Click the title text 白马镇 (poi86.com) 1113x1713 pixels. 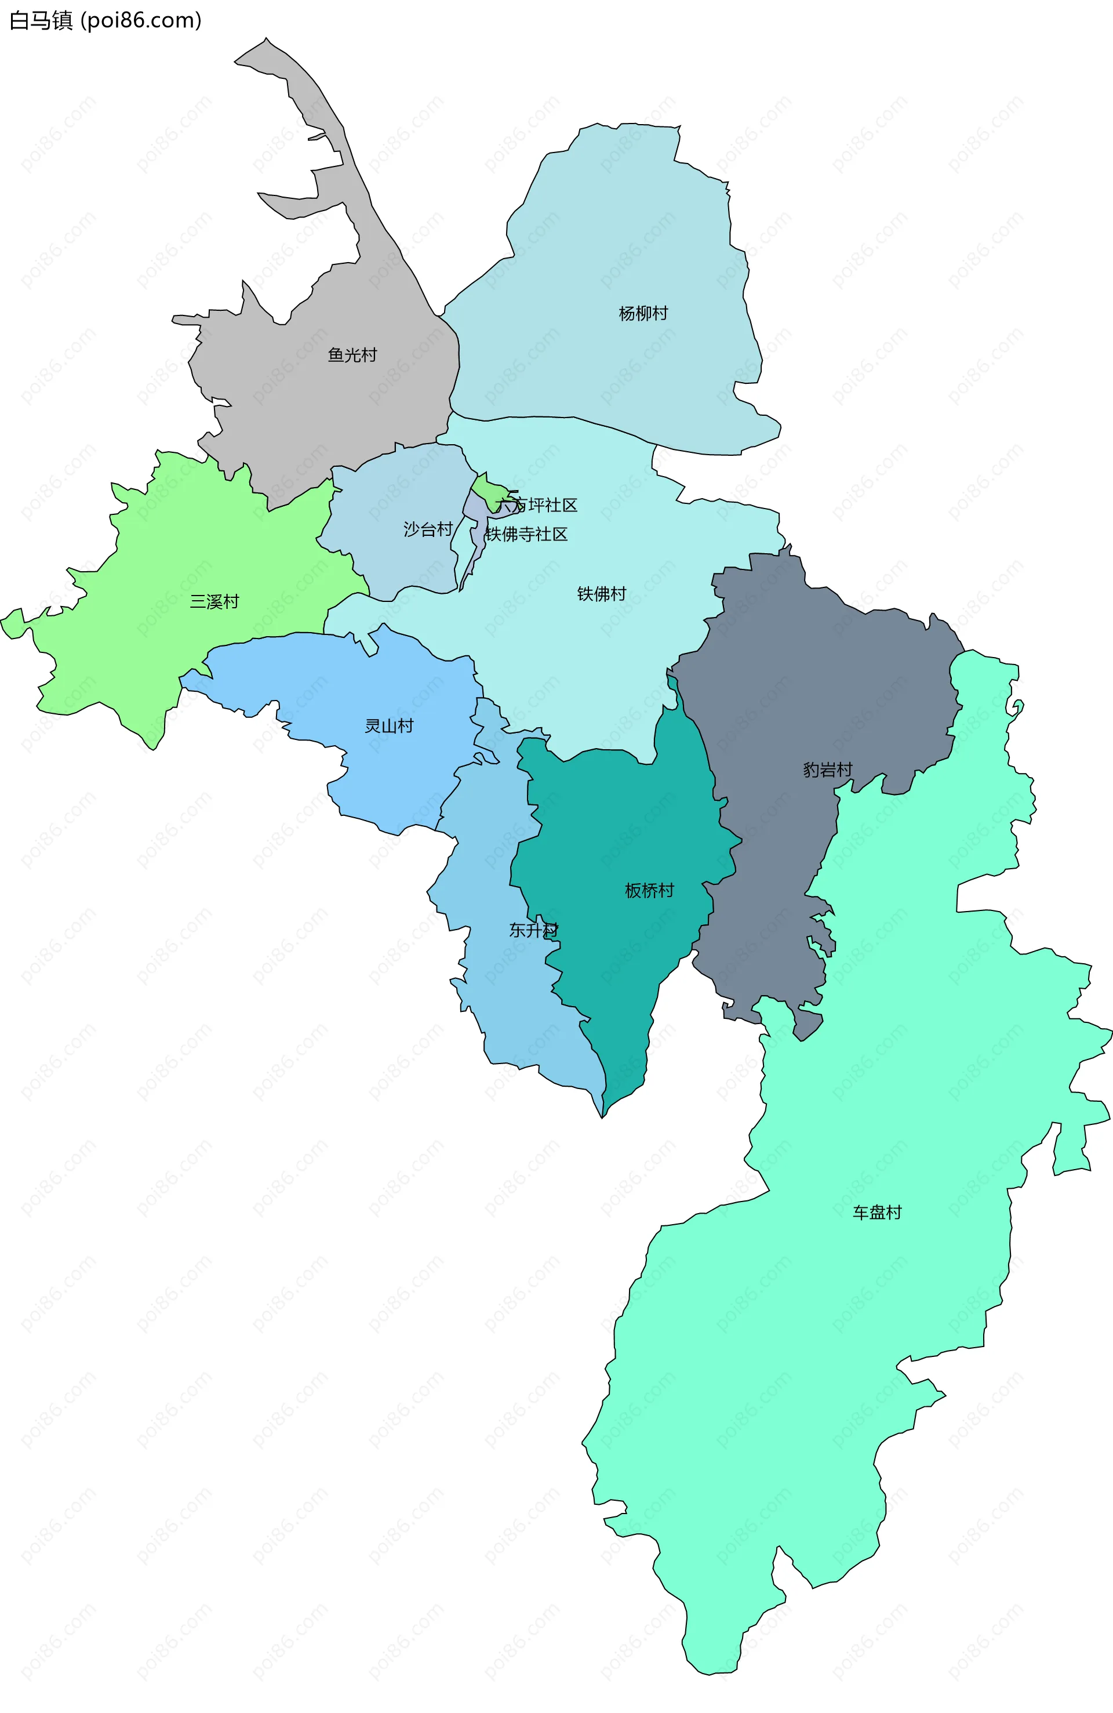[105, 20]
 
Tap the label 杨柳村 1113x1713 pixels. [643, 313]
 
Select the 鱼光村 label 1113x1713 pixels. [352, 355]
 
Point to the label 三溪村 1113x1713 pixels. [214, 602]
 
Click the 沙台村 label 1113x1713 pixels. [427, 530]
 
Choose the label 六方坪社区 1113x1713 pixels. [537, 505]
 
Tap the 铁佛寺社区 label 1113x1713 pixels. [526, 534]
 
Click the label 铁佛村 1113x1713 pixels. [602, 594]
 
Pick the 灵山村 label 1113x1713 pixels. [389, 725]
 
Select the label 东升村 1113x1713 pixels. [533, 930]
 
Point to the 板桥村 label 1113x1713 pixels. [649, 890]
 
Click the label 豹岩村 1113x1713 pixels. [827, 770]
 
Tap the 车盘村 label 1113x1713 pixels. [877, 1212]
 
